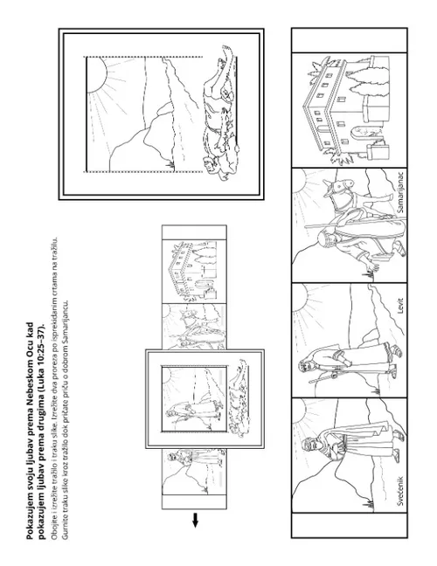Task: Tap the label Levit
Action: pos(400,306)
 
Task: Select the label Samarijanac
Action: pos(400,192)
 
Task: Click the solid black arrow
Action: pos(195,521)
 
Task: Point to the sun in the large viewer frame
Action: pos(96,75)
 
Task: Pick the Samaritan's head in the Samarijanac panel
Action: pos(324,239)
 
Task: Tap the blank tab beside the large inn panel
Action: pos(350,40)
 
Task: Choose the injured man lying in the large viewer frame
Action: pos(220,112)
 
